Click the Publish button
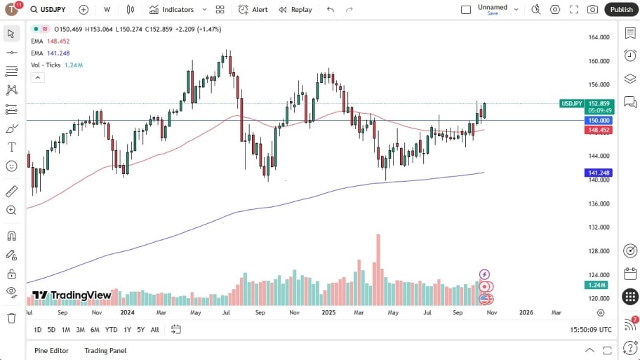621,9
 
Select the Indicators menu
178,9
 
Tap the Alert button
253,9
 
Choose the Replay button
295,9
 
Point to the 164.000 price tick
598,37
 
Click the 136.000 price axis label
598,204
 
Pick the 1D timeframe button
38,330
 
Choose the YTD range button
111,330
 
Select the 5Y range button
141,330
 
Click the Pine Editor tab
52,350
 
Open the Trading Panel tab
105,350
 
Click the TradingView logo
72,295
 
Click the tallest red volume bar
378,270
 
